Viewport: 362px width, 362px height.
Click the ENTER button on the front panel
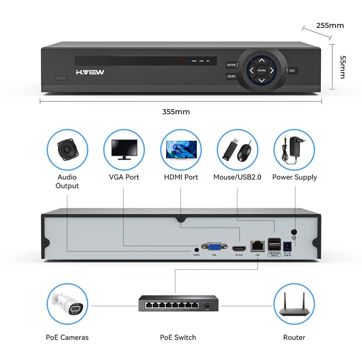click(231, 65)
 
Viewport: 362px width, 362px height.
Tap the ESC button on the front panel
click(292, 71)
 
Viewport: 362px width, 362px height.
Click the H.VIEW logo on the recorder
click(90, 72)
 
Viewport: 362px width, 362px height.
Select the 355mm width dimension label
click(176, 112)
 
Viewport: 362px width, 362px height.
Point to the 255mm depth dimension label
click(330, 25)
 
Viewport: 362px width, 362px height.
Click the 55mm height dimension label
click(342, 67)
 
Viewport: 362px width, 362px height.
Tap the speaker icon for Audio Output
click(67, 149)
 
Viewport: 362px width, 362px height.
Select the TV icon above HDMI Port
click(181, 149)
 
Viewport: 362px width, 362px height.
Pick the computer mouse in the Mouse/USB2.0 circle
click(245, 152)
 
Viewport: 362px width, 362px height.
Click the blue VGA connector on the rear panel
click(214, 247)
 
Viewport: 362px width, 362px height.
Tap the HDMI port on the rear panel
click(239, 249)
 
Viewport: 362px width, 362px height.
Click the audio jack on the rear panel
click(197, 249)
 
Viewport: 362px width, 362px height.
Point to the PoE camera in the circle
click(67, 303)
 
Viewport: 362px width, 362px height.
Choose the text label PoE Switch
click(178, 337)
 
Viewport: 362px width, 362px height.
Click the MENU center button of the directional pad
click(261, 70)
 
